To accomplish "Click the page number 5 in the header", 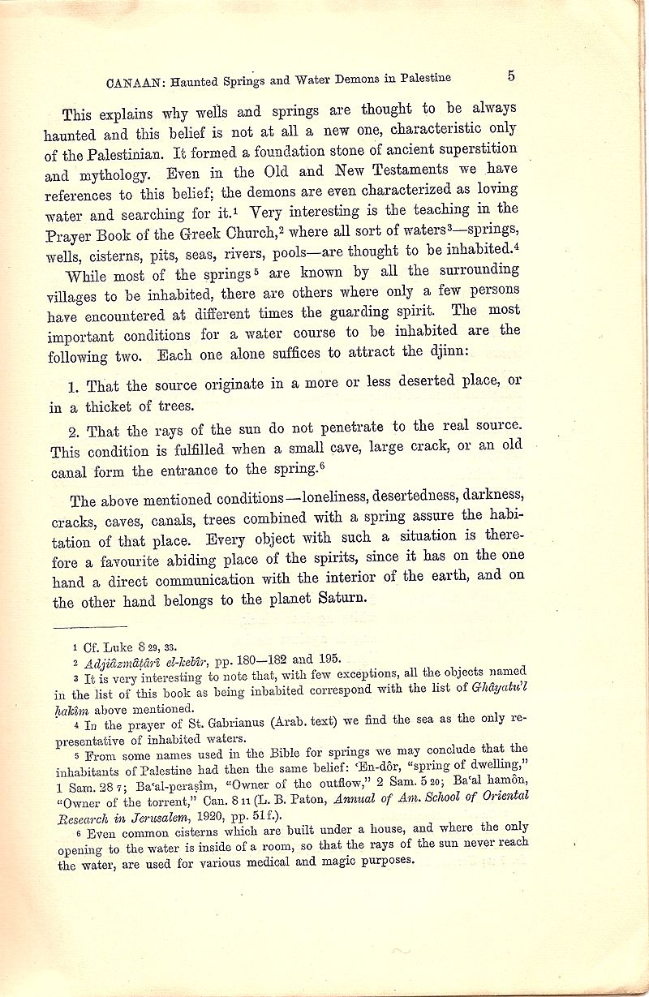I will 511,75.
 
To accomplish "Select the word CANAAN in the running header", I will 133,82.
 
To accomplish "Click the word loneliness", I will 346,499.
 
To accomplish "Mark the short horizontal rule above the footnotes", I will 89,626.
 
